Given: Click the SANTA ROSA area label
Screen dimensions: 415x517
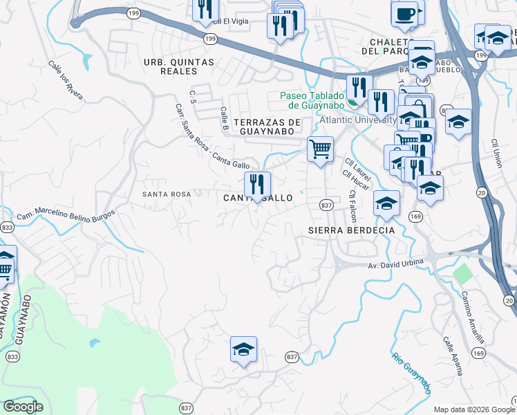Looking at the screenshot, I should [166, 194].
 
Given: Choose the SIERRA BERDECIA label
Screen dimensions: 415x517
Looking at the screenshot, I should [352, 230].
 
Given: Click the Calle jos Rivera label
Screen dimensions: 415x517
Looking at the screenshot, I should [66, 80].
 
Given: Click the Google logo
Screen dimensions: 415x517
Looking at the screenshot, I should [23, 407].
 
